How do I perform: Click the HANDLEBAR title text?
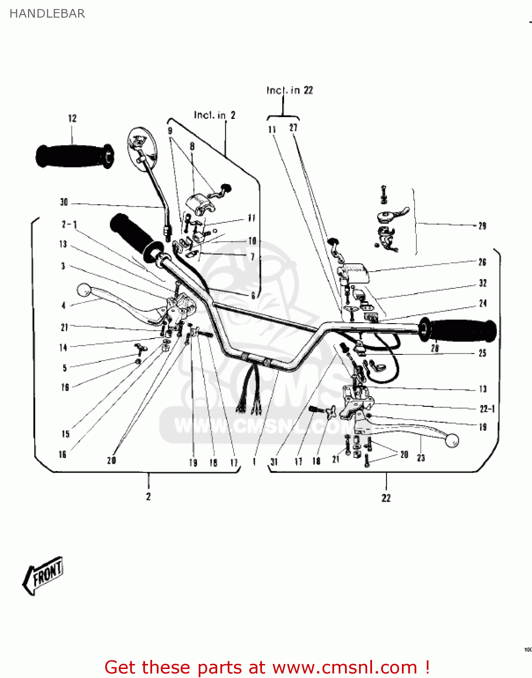coord(47,14)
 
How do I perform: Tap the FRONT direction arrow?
coord(43,575)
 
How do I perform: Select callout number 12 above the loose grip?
coord(72,118)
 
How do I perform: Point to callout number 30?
coord(64,202)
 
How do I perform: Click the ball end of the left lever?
coord(84,290)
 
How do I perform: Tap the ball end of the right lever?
coord(452,440)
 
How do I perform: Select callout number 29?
coord(482,226)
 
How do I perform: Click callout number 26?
coord(482,262)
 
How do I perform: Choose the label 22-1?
coord(487,409)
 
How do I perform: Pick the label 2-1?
coord(70,224)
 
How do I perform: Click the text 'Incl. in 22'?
coord(289,90)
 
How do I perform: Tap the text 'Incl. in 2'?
coord(215,115)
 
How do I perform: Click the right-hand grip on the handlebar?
coord(458,331)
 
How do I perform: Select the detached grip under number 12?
coord(75,156)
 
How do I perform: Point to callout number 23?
coord(421,458)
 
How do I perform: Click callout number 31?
coord(274,461)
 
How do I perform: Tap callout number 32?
coord(483,283)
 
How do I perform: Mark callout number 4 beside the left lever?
coord(64,306)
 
